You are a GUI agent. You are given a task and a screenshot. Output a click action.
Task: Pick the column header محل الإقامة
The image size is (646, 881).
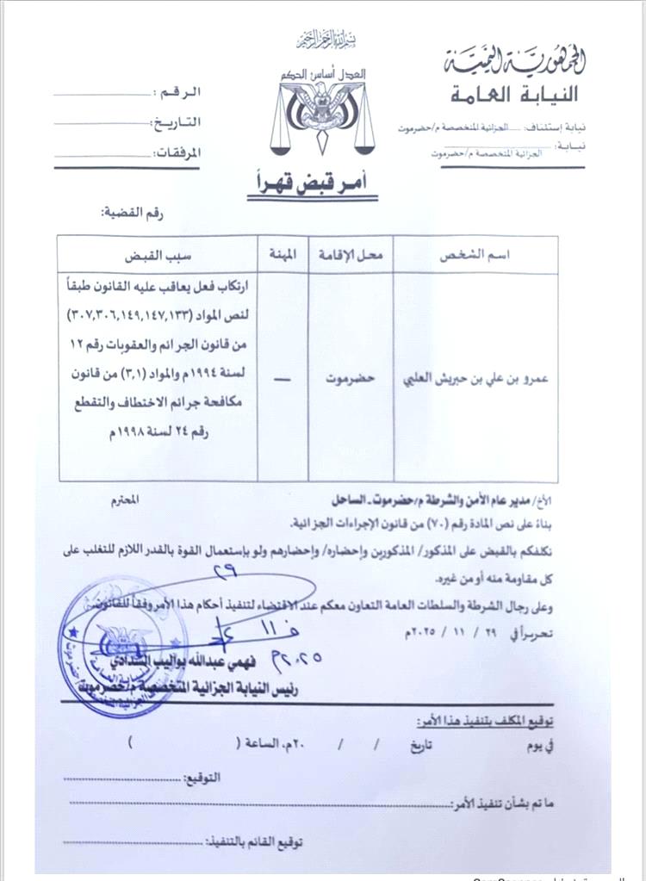tap(351, 257)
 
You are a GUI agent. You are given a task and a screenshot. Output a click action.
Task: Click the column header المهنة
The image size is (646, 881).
tap(283, 257)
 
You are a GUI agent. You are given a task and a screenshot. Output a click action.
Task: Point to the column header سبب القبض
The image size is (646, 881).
tap(159, 257)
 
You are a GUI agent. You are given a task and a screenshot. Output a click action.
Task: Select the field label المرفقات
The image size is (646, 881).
tap(177, 152)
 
